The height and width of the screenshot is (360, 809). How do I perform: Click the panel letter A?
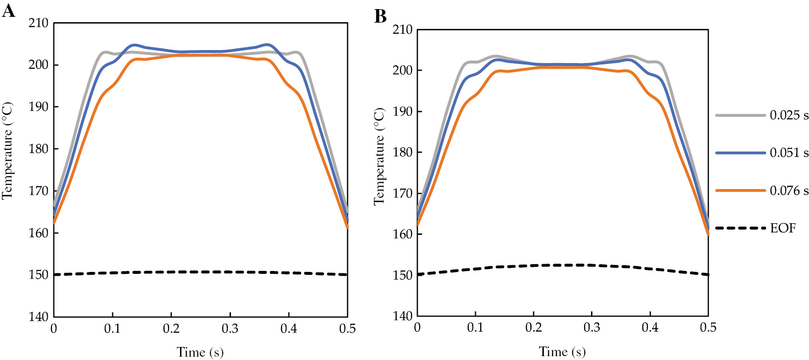(8, 10)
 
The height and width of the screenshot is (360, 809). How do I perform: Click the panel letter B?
(380, 16)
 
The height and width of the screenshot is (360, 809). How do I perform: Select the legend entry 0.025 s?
(789, 116)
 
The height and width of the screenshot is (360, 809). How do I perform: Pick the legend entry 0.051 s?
(789, 153)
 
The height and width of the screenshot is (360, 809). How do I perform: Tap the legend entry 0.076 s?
(789, 191)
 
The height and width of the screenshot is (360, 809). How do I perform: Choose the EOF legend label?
(783, 228)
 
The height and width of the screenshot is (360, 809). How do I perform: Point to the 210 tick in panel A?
(38, 23)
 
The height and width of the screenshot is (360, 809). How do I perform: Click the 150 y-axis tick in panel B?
(402, 275)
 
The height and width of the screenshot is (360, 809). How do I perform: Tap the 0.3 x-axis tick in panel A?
(230, 329)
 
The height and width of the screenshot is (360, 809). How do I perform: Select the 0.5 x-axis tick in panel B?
(708, 328)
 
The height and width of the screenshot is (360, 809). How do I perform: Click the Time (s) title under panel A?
(200, 352)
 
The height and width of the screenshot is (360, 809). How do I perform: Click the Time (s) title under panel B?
(562, 352)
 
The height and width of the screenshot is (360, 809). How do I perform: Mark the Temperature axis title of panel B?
(379, 157)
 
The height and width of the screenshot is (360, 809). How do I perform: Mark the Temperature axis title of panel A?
(7, 151)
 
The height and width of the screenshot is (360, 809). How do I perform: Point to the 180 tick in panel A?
(38, 149)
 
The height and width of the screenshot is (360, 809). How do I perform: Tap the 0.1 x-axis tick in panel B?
(475, 328)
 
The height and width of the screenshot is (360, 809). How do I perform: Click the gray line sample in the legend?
(740, 116)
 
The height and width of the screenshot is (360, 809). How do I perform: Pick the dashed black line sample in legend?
(740, 228)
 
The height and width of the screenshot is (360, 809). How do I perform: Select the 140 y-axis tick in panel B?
(402, 316)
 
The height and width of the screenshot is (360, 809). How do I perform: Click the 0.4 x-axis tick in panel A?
(289, 329)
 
